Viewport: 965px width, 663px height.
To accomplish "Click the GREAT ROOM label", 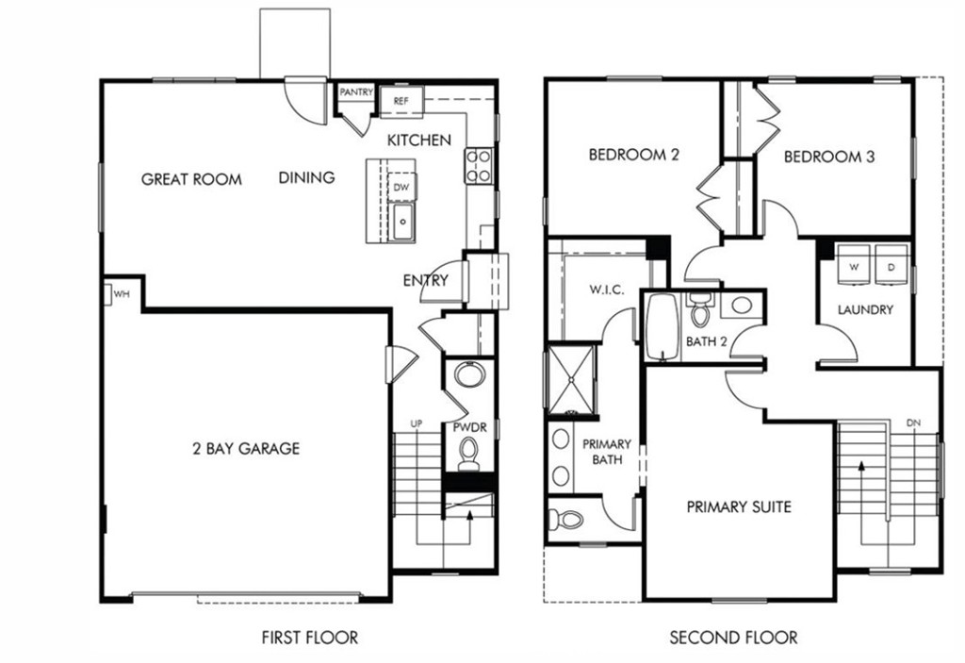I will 191,179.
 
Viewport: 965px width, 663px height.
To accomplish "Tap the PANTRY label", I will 356,92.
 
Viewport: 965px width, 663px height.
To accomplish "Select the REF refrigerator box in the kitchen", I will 401,99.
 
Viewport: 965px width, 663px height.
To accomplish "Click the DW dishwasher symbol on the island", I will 401,187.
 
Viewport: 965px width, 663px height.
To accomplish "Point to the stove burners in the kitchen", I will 479,166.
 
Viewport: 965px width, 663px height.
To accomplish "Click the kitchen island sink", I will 402,224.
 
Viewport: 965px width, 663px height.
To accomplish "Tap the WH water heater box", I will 121,294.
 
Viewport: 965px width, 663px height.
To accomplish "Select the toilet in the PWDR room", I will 468,457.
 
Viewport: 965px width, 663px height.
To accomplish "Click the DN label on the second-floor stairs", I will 912,423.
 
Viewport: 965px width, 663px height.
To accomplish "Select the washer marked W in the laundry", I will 855,266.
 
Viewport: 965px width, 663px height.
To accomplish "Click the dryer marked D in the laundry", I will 891,266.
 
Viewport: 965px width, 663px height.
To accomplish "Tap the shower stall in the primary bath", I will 571,379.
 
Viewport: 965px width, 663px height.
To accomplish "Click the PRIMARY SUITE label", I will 738,507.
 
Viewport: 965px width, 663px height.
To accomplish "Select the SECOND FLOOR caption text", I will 732,638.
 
